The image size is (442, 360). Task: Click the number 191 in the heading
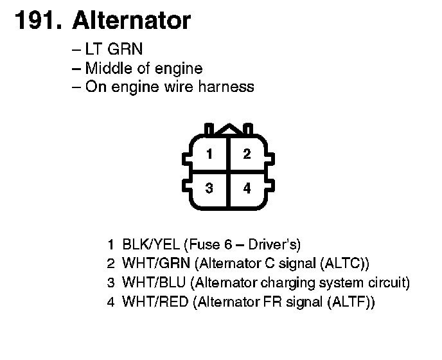click(x=36, y=21)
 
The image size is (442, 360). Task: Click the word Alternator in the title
click(x=131, y=21)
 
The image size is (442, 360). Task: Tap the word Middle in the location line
click(x=107, y=69)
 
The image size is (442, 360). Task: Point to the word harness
click(x=226, y=87)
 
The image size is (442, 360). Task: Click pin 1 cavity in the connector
click(x=209, y=154)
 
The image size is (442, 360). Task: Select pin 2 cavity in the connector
click(x=247, y=154)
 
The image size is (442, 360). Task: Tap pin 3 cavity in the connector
click(x=209, y=188)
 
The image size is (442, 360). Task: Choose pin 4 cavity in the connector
click(x=247, y=188)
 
